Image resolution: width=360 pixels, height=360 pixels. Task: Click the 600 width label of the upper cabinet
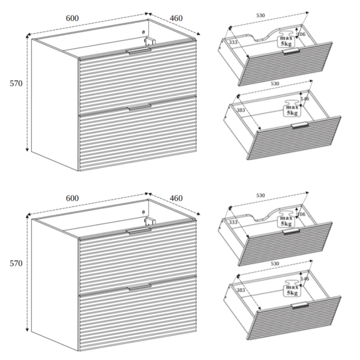(73, 19)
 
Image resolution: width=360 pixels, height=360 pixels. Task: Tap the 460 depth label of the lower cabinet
(176, 198)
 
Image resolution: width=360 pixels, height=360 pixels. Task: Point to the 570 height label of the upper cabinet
(16, 83)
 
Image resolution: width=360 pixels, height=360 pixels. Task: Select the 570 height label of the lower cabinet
(16, 263)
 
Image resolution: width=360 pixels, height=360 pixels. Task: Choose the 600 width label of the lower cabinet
(73, 198)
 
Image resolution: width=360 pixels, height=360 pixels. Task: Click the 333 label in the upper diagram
(233, 42)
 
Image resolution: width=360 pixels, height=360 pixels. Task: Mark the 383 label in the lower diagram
(241, 290)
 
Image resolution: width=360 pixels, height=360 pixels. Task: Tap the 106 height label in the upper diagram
(301, 34)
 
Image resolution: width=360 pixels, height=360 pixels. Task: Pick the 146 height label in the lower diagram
(305, 279)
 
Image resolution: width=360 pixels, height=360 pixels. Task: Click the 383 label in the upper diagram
(241, 110)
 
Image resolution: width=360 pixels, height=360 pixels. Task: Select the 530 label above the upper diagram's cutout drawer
(260, 16)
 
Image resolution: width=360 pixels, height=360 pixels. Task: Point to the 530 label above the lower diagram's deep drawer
(275, 263)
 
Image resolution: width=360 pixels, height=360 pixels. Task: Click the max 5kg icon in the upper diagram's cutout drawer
(286, 39)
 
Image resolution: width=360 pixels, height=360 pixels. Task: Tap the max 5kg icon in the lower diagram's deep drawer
(292, 288)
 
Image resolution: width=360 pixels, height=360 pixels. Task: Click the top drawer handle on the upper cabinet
(139, 51)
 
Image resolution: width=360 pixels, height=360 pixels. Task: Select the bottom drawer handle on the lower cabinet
(140, 287)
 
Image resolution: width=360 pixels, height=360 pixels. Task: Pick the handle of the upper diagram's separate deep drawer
(299, 125)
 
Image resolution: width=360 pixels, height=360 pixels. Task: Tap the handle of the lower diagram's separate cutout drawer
(291, 231)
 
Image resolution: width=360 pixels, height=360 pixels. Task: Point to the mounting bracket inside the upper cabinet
(149, 41)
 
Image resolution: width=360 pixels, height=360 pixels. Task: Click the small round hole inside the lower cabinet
(143, 212)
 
